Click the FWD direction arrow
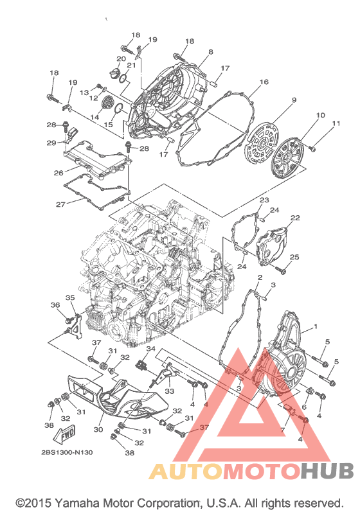(65, 434)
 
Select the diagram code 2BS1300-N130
(67, 452)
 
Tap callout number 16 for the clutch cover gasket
(264, 82)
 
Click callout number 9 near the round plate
(294, 100)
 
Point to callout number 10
(321, 115)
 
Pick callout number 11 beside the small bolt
(336, 123)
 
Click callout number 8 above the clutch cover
(211, 52)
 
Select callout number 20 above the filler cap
(121, 58)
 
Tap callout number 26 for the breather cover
(59, 173)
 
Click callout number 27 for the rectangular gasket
(61, 205)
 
